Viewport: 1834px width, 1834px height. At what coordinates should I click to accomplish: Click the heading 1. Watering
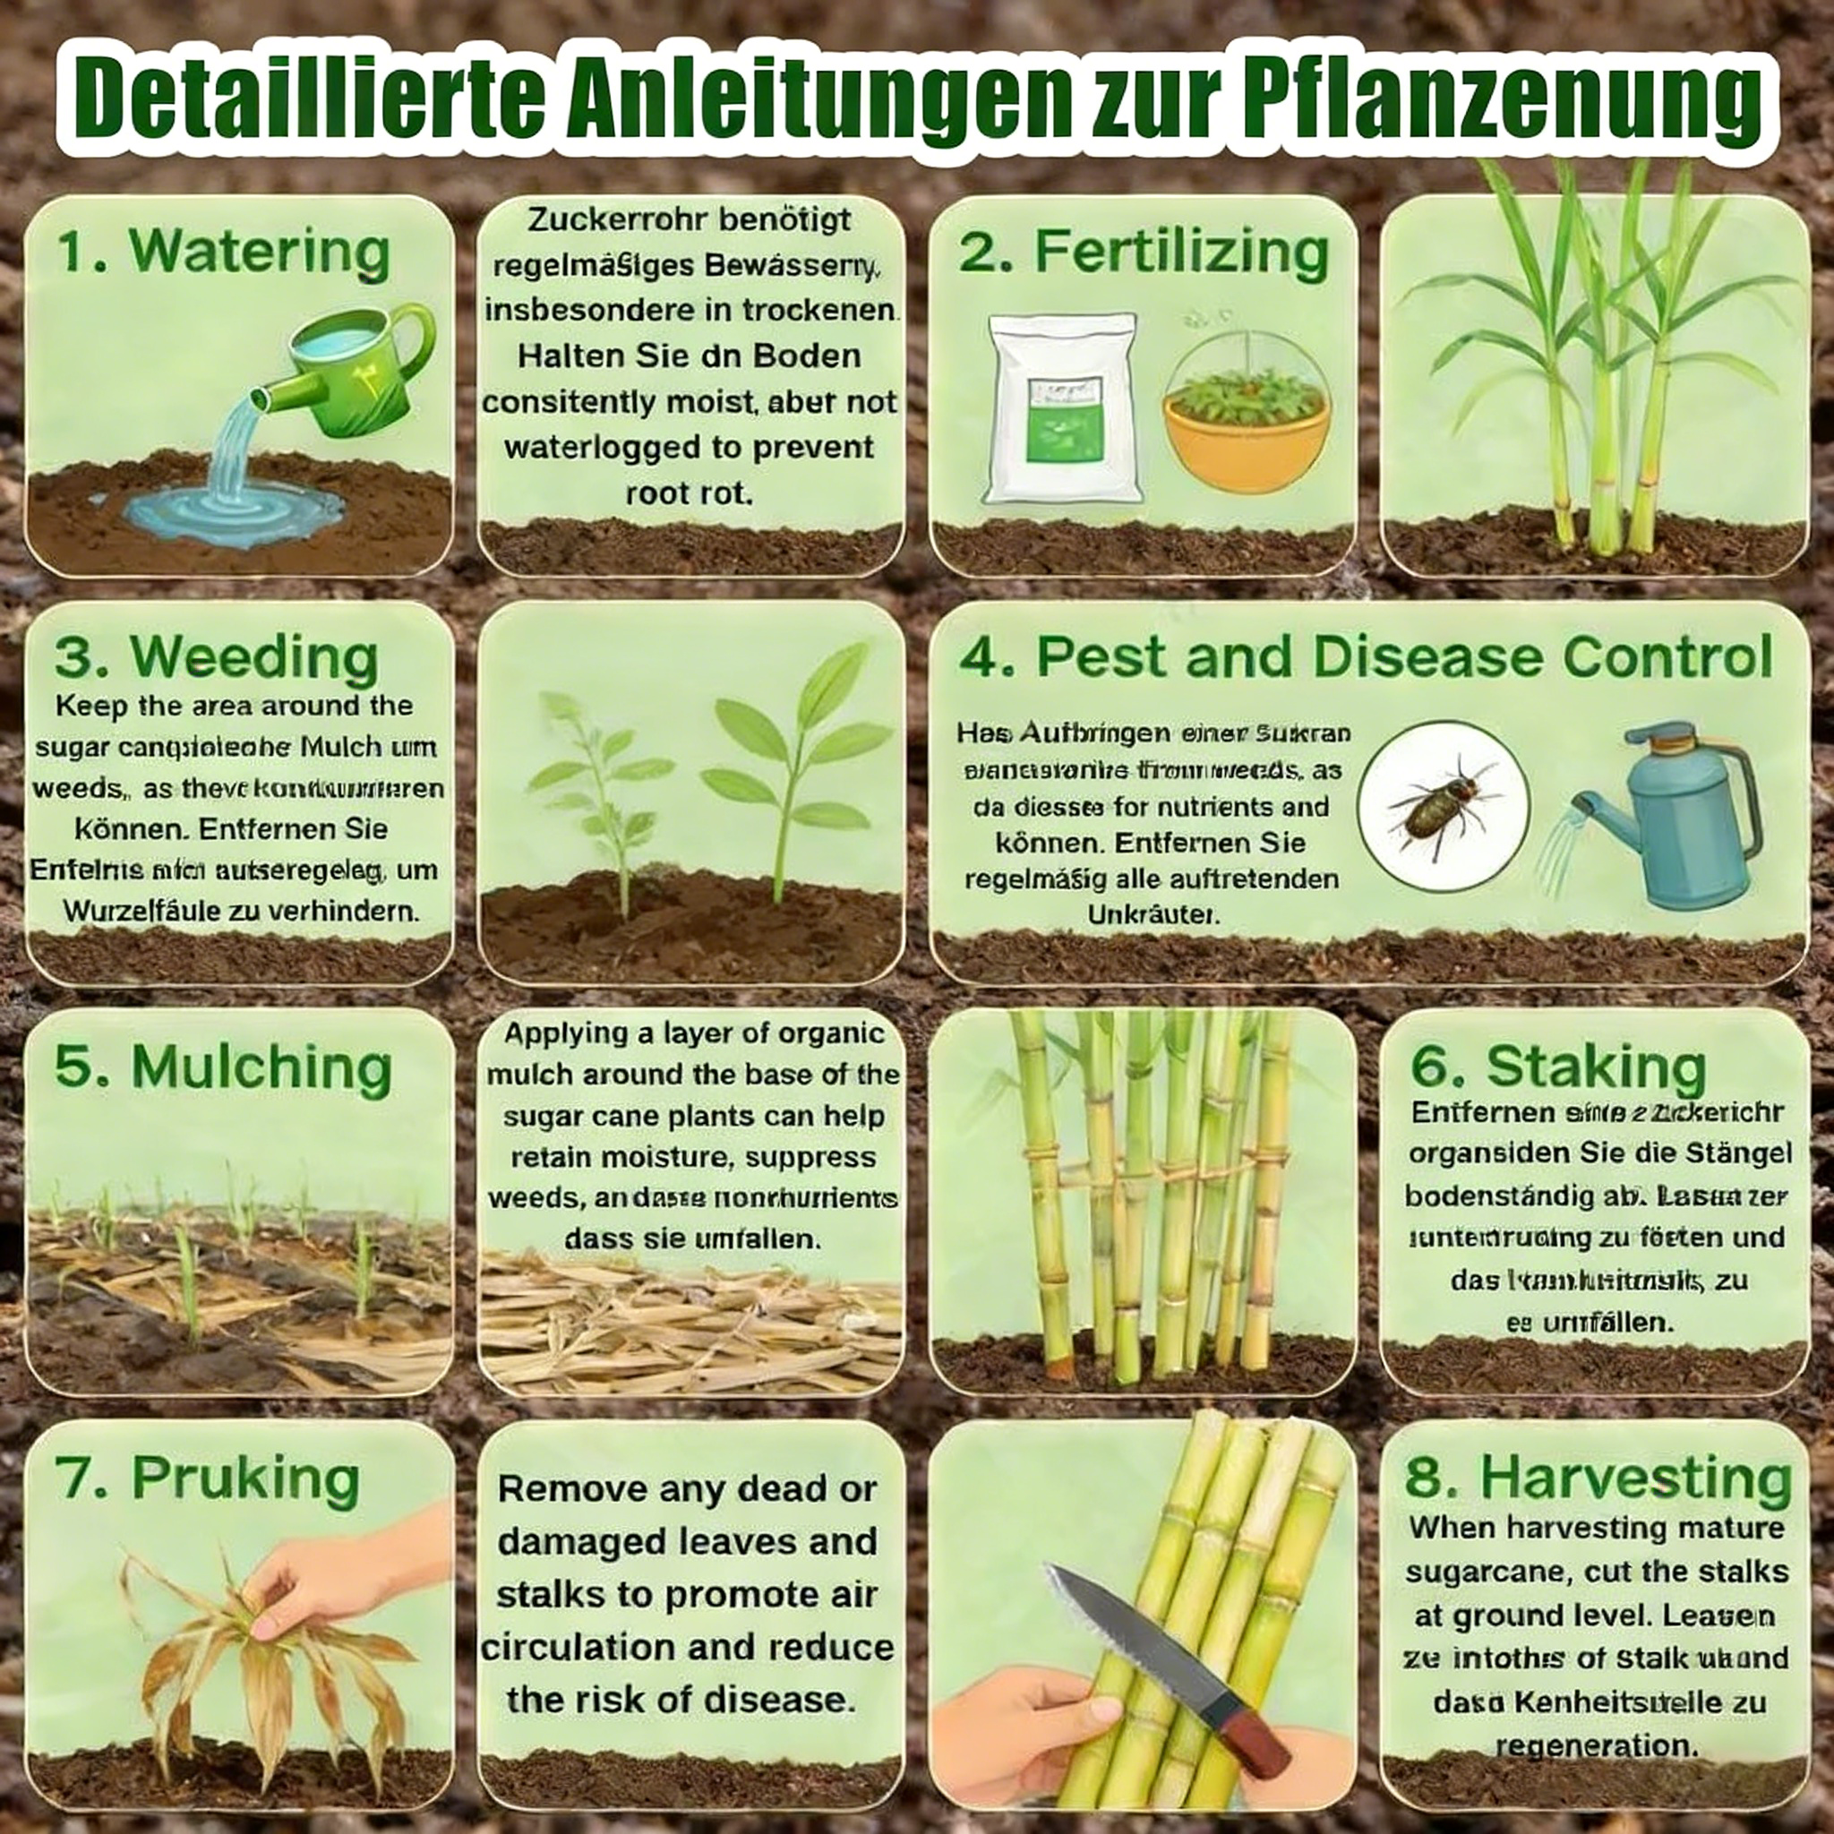(224, 252)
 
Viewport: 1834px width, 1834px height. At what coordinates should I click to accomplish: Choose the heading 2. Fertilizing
(1143, 252)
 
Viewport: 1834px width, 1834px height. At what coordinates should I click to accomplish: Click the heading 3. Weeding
(217, 657)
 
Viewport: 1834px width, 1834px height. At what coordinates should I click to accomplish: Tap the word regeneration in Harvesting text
(1596, 1744)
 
